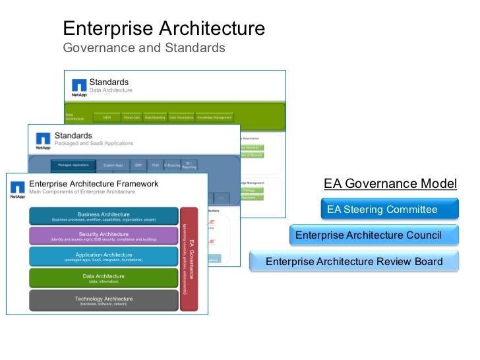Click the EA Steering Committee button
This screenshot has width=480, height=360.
coord(389,210)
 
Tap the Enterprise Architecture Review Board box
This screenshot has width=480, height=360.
coord(354,262)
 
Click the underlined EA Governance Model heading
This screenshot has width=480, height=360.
coord(390,183)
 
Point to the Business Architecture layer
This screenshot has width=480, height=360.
coord(104,216)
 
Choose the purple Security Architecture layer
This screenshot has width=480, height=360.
coord(104,236)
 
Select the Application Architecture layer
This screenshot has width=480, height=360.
coord(104,257)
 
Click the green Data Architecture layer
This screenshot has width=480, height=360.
coord(104,278)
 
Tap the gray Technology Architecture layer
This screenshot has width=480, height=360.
coord(104,301)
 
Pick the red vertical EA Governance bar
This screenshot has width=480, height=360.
coord(189,258)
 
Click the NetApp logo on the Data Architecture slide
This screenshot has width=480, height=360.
coord(79,87)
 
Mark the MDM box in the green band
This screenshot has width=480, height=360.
coord(107,117)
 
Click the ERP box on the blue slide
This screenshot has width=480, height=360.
coord(138,165)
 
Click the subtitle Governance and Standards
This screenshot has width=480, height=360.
coord(144,48)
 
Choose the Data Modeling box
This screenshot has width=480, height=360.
coord(156,117)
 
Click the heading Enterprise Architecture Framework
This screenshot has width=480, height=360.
coord(94,183)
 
